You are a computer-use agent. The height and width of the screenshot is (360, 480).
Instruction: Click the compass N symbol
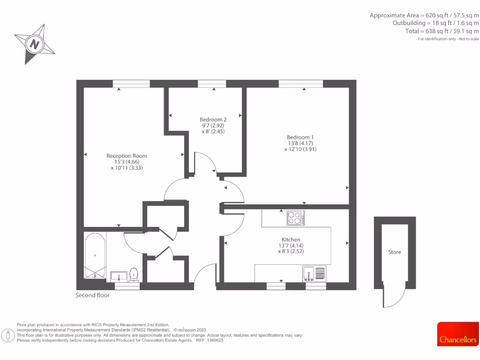tap(34, 45)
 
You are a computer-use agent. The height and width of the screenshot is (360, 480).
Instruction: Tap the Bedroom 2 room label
tap(213, 120)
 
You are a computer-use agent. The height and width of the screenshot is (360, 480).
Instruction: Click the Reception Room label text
tap(127, 156)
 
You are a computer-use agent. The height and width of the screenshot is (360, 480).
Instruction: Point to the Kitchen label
tap(291, 239)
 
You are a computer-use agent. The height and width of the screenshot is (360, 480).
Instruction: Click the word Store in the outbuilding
tap(395, 252)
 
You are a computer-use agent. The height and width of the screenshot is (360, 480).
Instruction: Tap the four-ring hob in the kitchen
tap(295, 218)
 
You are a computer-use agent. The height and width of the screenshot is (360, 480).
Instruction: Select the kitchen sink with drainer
tap(315, 273)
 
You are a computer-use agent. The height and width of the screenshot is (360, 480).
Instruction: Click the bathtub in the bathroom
tap(95, 255)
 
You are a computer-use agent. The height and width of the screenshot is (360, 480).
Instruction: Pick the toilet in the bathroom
tap(134, 274)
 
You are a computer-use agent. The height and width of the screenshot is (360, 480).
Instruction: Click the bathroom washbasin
tap(118, 275)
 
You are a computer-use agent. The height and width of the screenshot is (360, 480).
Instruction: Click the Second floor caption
tap(92, 295)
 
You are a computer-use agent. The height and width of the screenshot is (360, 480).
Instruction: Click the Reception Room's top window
tap(131, 83)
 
